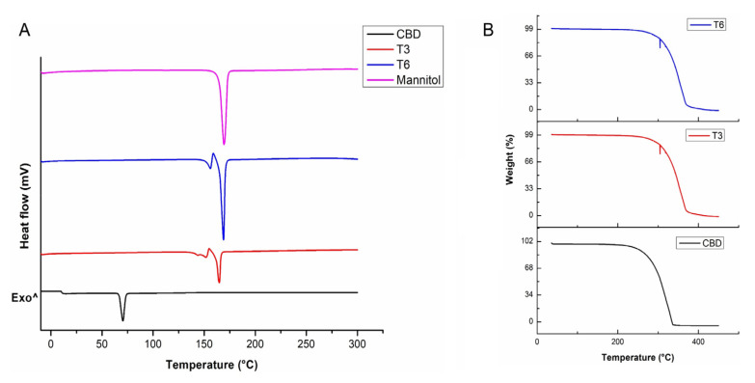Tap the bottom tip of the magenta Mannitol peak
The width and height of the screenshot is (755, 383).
(x=224, y=145)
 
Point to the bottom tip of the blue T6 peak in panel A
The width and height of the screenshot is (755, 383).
(x=223, y=239)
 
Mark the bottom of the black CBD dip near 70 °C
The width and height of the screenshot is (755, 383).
(x=122, y=320)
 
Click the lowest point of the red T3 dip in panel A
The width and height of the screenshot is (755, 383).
(x=219, y=283)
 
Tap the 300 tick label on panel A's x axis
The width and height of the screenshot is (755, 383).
(x=357, y=343)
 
